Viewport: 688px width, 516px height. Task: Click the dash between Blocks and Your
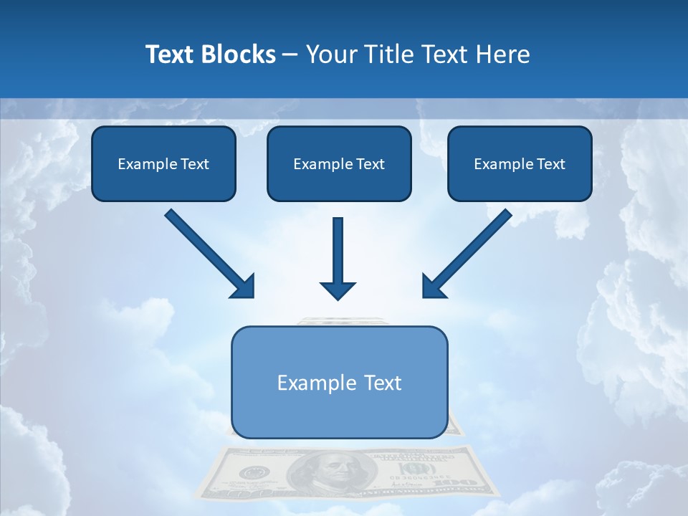290,55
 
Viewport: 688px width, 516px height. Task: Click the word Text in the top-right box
551,164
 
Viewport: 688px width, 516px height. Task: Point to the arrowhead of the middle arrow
338,290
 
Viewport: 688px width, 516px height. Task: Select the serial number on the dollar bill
410,477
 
